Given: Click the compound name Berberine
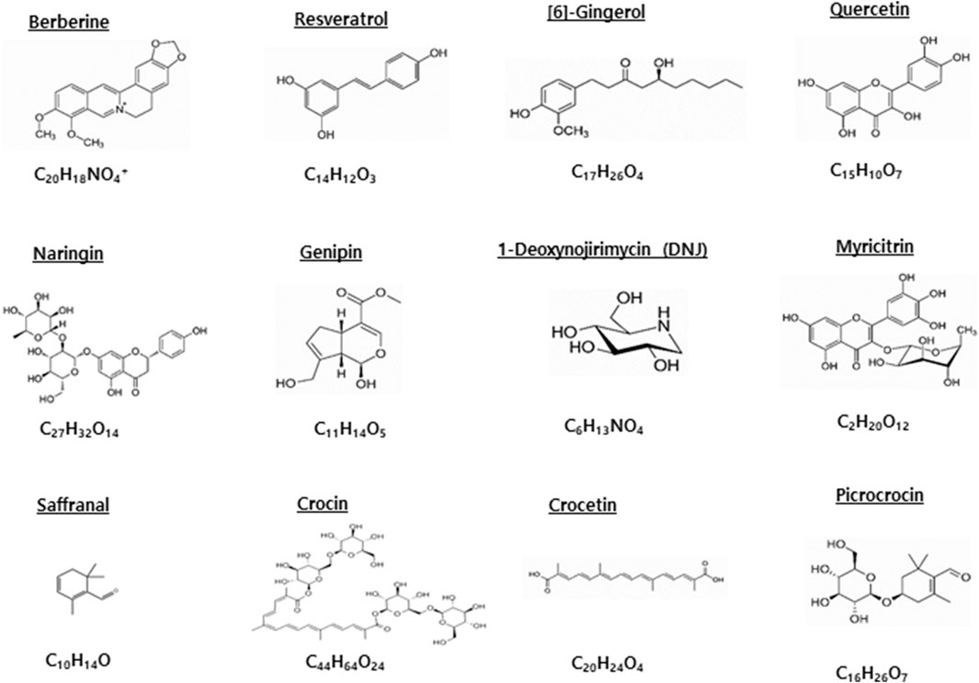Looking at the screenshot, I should pyautogui.click(x=69, y=20).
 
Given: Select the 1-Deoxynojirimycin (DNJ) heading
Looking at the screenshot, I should pyautogui.click(x=602, y=249).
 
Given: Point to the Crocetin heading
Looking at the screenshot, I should pyautogui.click(x=582, y=506).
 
